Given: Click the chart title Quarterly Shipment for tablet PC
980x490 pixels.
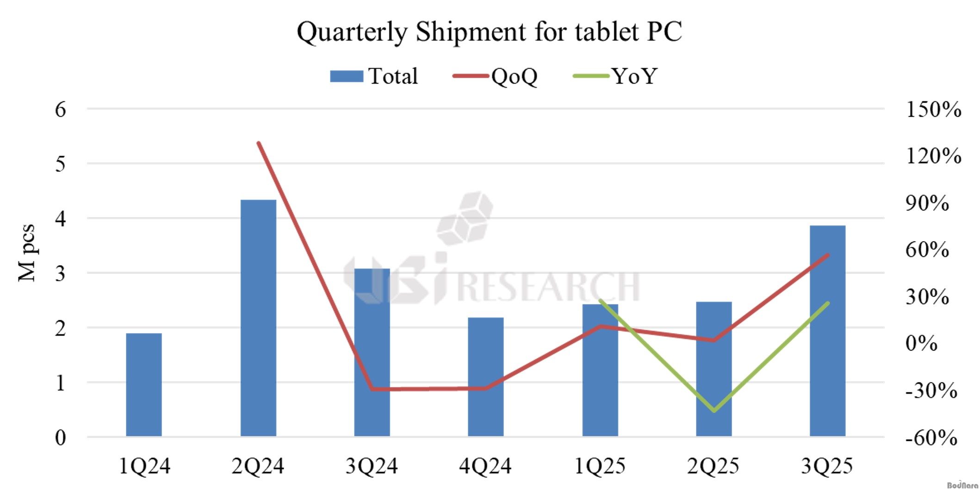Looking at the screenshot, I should pos(489,31).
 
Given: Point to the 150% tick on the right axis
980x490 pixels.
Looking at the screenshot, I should pos(933,110).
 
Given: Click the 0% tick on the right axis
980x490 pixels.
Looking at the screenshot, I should pos(921,343).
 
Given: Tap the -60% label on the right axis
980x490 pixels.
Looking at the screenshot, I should pos(931,437).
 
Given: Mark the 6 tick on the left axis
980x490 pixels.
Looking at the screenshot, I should pos(61,110).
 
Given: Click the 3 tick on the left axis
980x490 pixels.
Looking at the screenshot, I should pos(61,273).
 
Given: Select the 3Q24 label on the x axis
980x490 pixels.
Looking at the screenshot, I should pos(372,466).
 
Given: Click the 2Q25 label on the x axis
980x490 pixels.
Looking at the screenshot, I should pos(713,466).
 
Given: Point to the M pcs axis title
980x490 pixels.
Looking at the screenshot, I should pos(27,253).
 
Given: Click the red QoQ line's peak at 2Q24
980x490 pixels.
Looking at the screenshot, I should pos(259,143).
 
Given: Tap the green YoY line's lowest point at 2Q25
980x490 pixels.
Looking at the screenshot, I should pos(714,410).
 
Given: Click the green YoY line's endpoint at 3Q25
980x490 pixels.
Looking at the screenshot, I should pos(827,304).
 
